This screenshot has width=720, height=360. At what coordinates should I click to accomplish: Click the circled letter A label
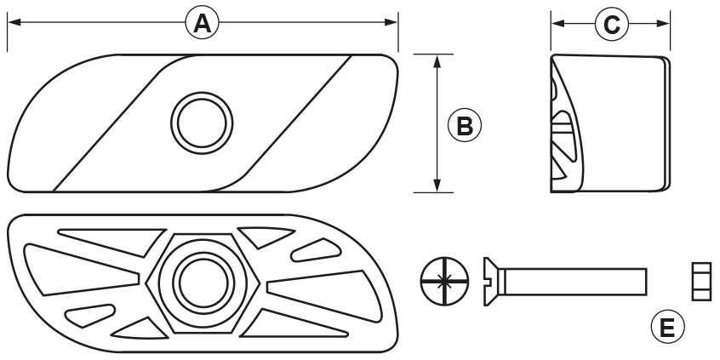pyautogui.click(x=202, y=24)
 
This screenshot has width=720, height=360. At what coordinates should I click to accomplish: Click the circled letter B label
pyautogui.click(x=464, y=125)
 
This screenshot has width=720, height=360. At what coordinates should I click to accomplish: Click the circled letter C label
pyautogui.click(x=610, y=25)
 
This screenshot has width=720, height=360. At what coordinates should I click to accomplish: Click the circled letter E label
pyautogui.click(x=668, y=326)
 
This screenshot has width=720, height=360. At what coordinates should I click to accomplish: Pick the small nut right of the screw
pyautogui.click(x=701, y=281)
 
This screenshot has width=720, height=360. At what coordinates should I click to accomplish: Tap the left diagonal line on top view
pyautogui.click(x=111, y=128)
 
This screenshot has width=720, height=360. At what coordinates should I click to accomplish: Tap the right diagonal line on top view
pyautogui.click(x=289, y=128)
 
